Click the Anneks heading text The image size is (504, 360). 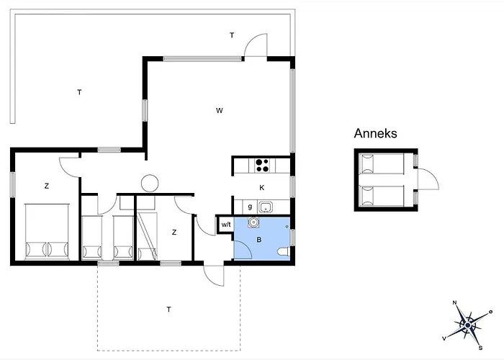pyautogui.click(x=375, y=133)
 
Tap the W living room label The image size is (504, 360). pyautogui.click(x=219, y=111)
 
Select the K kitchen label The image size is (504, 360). pyautogui.click(x=261, y=188)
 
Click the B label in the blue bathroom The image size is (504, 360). pyautogui.click(x=258, y=240)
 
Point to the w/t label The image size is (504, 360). pyautogui.click(x=226, y=225)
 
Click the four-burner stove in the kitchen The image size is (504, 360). pyautogui.click(x=262, y=165)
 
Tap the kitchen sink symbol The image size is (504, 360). pyautogui.click(x=266, y=207)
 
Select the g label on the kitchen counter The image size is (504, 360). pyautogui.click(x=250, y=207)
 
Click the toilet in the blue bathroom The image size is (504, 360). pyautogui.click(x=284, y=252)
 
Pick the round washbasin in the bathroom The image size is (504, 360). pyautogui.click(x=253, y=222)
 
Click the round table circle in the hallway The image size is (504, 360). pyautogui.click(x=150, y=183)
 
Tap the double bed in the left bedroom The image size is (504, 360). pyautogui.click(x=47, y=231)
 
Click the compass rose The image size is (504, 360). pyautogui.click(x=468, y=325)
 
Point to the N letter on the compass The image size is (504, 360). pyautogui.click(x=454, y=302)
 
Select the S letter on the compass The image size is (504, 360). pyautogui.click(x=480, y=348)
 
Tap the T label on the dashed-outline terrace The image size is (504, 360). pyautogui.click(x=168, y=310)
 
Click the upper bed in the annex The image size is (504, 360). pyautogui.click(x=382, y=163)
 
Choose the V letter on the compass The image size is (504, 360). pyautogui.click(x=444, y=338)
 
